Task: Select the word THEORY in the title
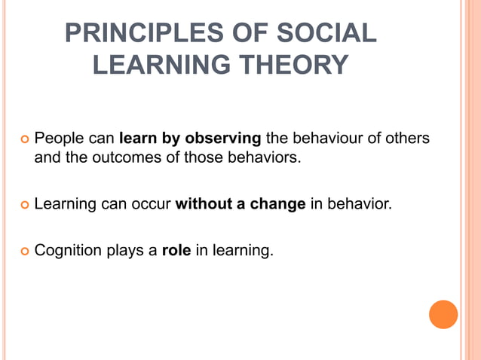293,65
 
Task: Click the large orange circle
443,314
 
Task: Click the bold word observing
223,139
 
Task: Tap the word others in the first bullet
406,139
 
